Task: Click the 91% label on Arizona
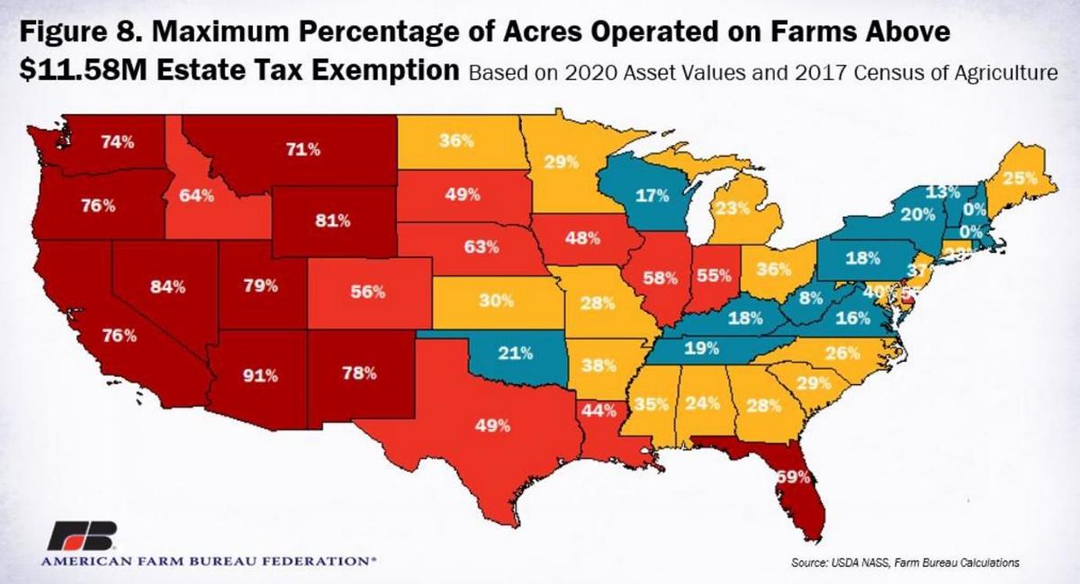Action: click(x=261, y=375)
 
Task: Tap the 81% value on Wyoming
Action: click(x=332, y=220)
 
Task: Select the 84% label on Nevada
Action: click(x=167, y=287)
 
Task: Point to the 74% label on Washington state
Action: click(x=117, y=141)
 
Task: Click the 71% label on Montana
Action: click(x=302, y=150)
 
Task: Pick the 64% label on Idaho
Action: click(x=196, y=196)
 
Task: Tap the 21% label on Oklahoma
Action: click(x=516, y=352)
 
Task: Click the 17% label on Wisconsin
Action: click(x=652, y=195)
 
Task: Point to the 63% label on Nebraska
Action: click(x=481, y=245)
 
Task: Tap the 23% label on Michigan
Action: click(x=733, y=209)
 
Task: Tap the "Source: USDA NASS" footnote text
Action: click(x=831, y=562)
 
